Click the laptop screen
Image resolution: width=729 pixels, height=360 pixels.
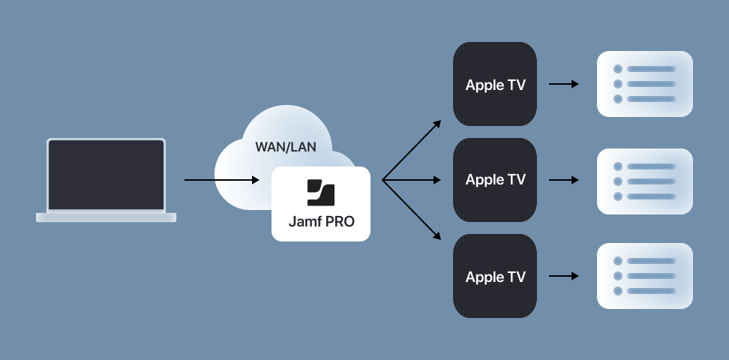[106, 174]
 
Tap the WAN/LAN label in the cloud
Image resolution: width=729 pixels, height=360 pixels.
[286, 146]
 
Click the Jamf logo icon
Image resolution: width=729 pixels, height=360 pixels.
[321, 193]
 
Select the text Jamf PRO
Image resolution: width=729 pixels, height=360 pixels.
[321, 222]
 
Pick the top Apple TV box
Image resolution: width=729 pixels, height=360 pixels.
[495, 84]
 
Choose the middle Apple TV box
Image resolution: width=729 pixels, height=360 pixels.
[495, 180]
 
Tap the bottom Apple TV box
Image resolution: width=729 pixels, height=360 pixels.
[495, 276]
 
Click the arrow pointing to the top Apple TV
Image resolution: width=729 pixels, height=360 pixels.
[412, 150]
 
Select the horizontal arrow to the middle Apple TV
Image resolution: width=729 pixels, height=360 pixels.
[412, 180]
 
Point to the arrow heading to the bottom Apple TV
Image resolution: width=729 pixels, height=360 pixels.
[412, 210]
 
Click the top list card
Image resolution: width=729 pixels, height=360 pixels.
[644, 84]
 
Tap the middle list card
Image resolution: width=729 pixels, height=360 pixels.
[644, 181]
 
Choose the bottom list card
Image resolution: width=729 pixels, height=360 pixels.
[644, 276]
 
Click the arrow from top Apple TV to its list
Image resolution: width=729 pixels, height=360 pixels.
[564, 84]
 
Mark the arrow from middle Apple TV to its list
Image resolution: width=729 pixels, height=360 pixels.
[564, 180]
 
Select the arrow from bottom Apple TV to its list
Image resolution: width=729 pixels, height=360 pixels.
[564, 276]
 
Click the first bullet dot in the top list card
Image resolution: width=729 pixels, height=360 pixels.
[618, 69]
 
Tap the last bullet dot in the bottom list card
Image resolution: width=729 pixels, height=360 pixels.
[618, 291]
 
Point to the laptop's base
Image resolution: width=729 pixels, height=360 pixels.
[106, 217]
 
